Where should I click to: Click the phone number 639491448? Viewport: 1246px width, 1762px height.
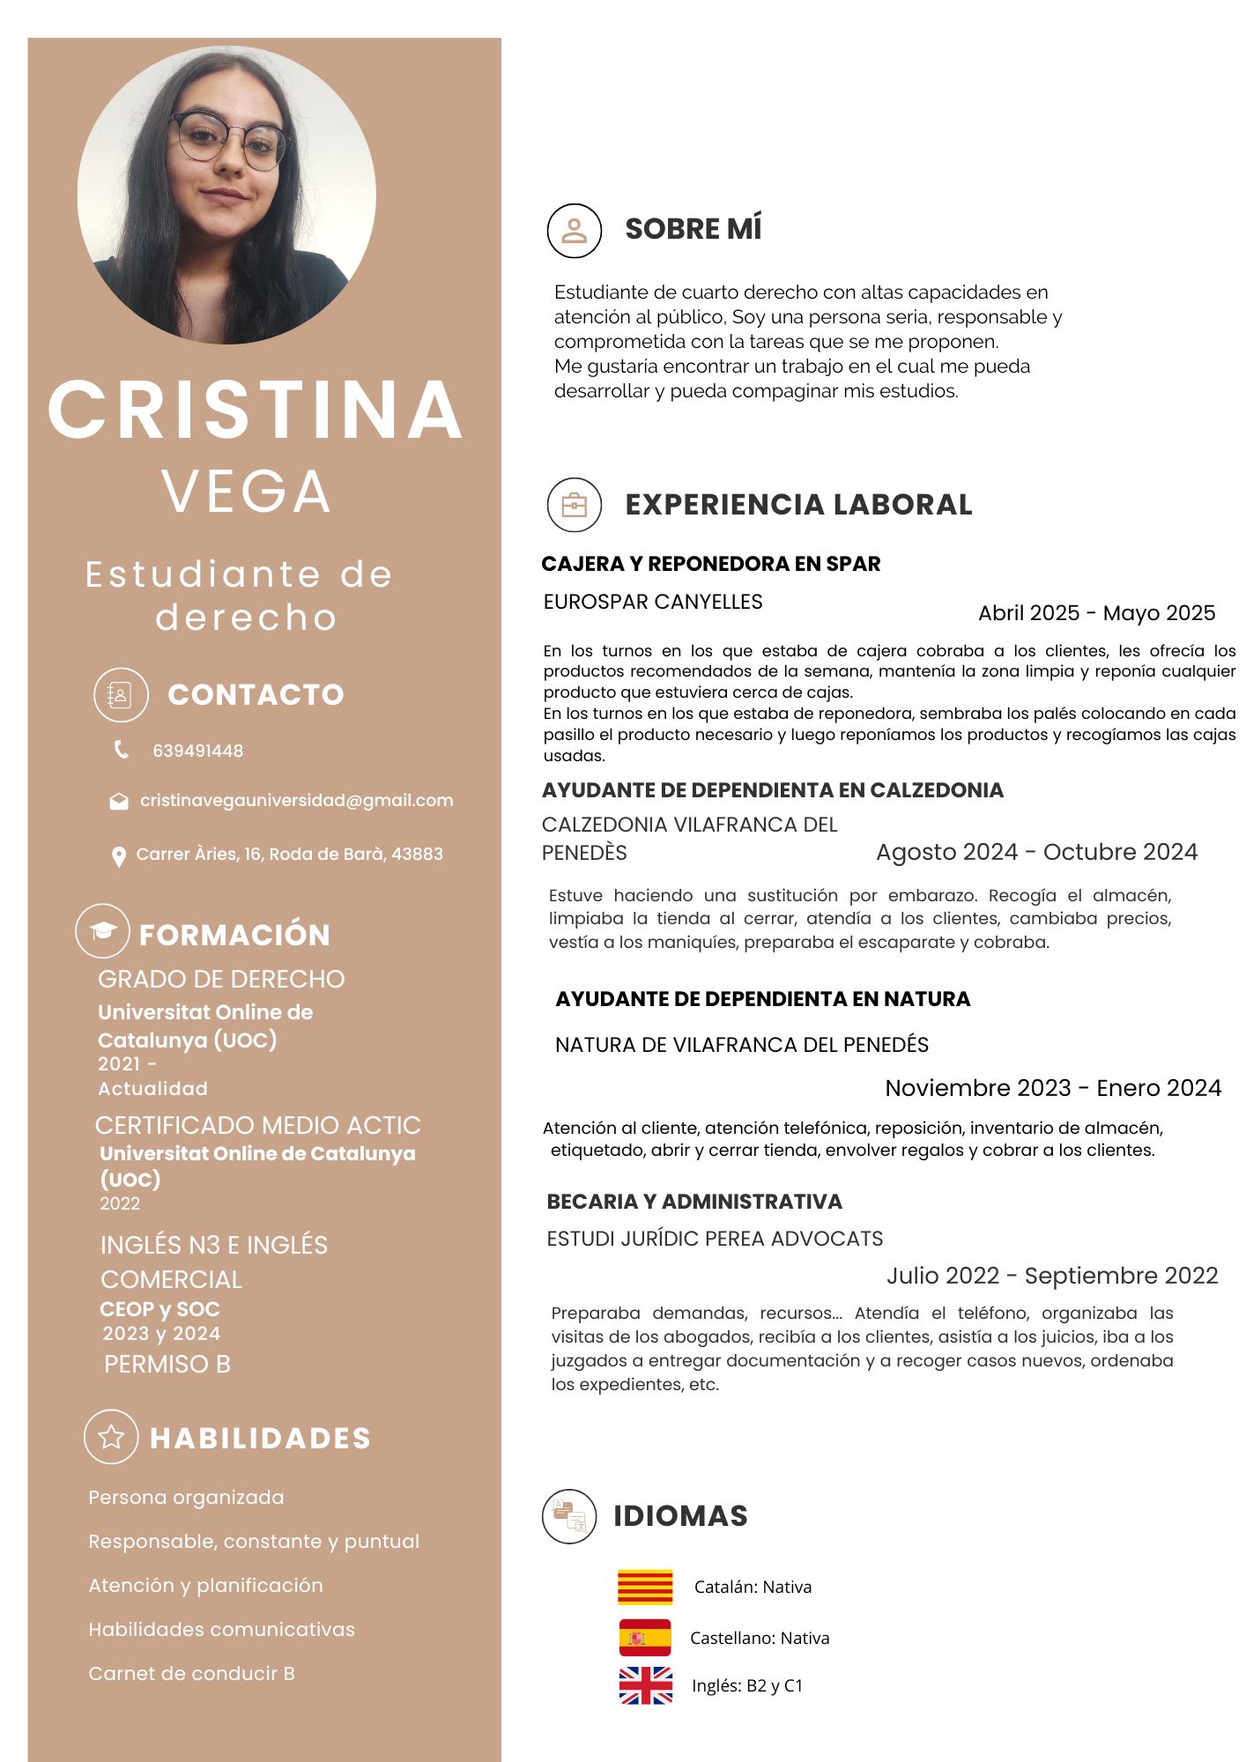[197, 751]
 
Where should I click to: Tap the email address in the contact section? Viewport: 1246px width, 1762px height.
[296, 801]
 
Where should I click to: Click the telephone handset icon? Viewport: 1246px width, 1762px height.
[121, 750]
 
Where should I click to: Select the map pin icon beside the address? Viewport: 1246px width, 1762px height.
[118, 856]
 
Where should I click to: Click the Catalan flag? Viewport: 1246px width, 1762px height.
[645, 1587]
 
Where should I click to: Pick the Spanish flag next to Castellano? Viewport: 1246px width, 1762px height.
[645, 1638]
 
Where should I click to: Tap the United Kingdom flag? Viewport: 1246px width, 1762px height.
[645, 1685]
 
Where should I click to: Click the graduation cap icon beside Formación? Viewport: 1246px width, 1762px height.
[103, 931]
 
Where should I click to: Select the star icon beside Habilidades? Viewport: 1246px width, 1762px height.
[111, 1437]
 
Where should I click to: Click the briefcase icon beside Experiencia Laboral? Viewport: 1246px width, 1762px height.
[574, 505]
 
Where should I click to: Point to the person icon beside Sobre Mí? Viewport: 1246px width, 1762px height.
[574, 230]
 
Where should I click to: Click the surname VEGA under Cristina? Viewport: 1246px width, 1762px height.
[246, 491]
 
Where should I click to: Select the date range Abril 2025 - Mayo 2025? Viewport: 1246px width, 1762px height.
[1096, 613]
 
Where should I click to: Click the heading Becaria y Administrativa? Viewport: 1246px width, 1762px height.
[694, 1202]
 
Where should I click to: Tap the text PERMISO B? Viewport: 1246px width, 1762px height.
[167, 1364]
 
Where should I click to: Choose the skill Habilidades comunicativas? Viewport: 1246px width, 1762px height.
[221, 1629]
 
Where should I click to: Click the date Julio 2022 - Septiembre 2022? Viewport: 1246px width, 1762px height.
[1052, 1276]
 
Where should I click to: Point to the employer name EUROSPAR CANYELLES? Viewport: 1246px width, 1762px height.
[653, 602]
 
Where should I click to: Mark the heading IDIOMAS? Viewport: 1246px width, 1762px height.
[680, 1515]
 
